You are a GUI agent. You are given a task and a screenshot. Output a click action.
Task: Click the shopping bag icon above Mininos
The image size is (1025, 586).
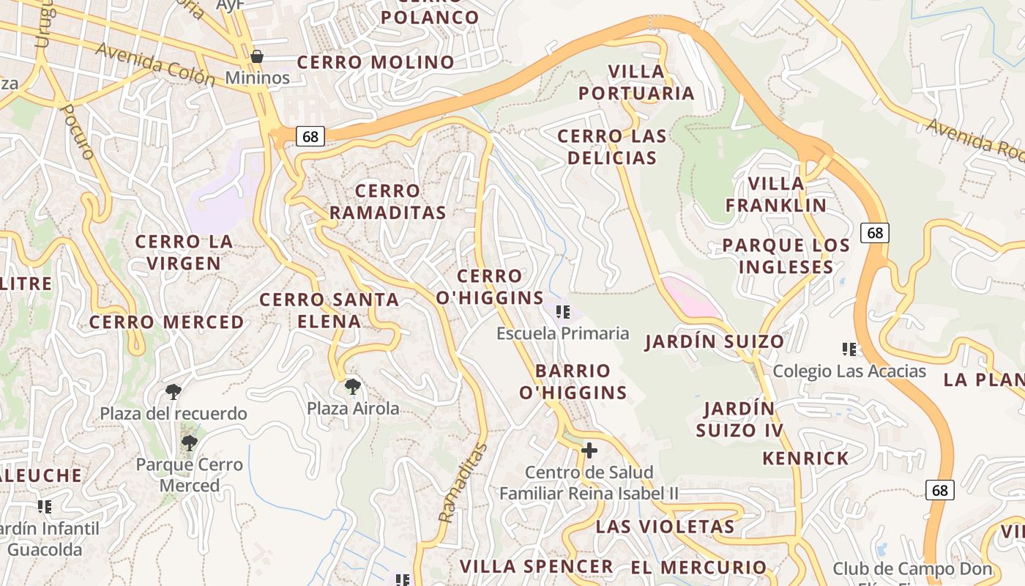[257, 56]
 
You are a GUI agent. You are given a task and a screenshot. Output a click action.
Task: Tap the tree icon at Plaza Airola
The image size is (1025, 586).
[352, 386]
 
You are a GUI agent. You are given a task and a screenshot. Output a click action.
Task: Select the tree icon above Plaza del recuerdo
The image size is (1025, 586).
[174, 392]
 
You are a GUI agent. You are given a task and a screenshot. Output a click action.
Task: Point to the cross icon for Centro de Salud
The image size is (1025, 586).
[589, 450]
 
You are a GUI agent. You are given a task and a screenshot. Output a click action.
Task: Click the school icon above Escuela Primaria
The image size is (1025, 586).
[563, 313]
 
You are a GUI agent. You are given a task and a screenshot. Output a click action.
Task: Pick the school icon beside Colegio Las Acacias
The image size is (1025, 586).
[849, 349]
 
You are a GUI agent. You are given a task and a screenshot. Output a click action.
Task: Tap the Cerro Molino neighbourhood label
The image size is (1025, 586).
[376, 62]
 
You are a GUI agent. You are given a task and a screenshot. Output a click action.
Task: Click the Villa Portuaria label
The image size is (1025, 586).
[636, 82]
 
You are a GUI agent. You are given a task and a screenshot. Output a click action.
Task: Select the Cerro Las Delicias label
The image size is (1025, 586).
[612, 146]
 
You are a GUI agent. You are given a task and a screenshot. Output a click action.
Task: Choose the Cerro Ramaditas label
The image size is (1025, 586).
[387, 201]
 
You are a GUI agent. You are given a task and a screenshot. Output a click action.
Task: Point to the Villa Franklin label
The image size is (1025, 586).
[776, 194]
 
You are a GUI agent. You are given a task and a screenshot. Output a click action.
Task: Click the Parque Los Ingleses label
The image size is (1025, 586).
[786, 256]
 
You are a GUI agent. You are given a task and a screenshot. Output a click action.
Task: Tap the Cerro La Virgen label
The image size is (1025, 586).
[184, 252]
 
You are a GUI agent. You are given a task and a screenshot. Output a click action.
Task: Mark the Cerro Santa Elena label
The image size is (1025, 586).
[329, 310]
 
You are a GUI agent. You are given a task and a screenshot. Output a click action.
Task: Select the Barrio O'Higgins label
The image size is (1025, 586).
[573, 381]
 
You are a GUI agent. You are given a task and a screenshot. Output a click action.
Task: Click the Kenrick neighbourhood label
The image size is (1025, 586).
[805, 459]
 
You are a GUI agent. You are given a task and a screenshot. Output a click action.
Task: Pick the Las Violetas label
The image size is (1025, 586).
[665, 526]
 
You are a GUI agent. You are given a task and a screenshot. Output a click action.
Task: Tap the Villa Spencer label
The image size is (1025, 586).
[536, 565]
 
